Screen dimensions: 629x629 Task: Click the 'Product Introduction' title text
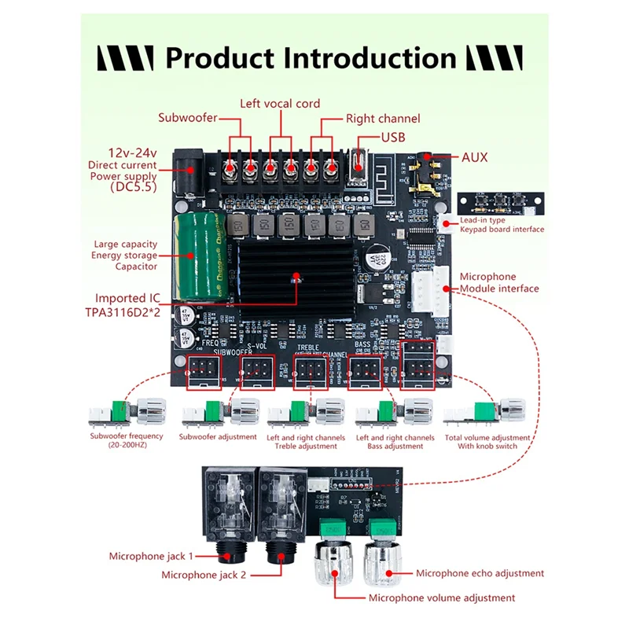point(311,58)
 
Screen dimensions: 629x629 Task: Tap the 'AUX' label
point(474,157)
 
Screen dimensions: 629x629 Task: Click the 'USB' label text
point(394,137)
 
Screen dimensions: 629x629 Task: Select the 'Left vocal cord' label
point(280,104)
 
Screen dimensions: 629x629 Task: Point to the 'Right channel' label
point(383,119)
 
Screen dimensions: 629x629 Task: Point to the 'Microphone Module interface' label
point(499,282)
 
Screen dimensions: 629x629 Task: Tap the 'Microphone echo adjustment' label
point(480,573)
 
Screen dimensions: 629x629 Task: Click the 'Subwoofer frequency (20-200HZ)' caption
point(126,441)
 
